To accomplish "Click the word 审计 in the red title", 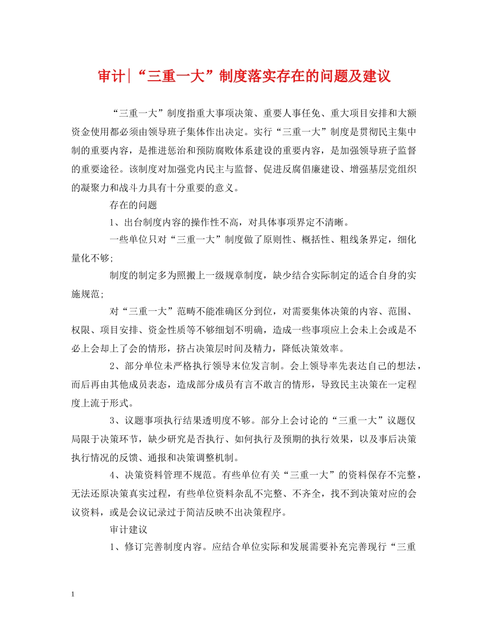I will pyautogui.click(x=111, y=77).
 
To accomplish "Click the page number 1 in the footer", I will pyautogui.click(x=73, y=594).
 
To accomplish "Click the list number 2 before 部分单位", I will pyautogui.click(x=112, y=367).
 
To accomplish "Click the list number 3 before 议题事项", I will pyautogui.click(x=112, y=422).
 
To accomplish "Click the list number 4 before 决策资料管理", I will pyautogui.click(x=112, y=478).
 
